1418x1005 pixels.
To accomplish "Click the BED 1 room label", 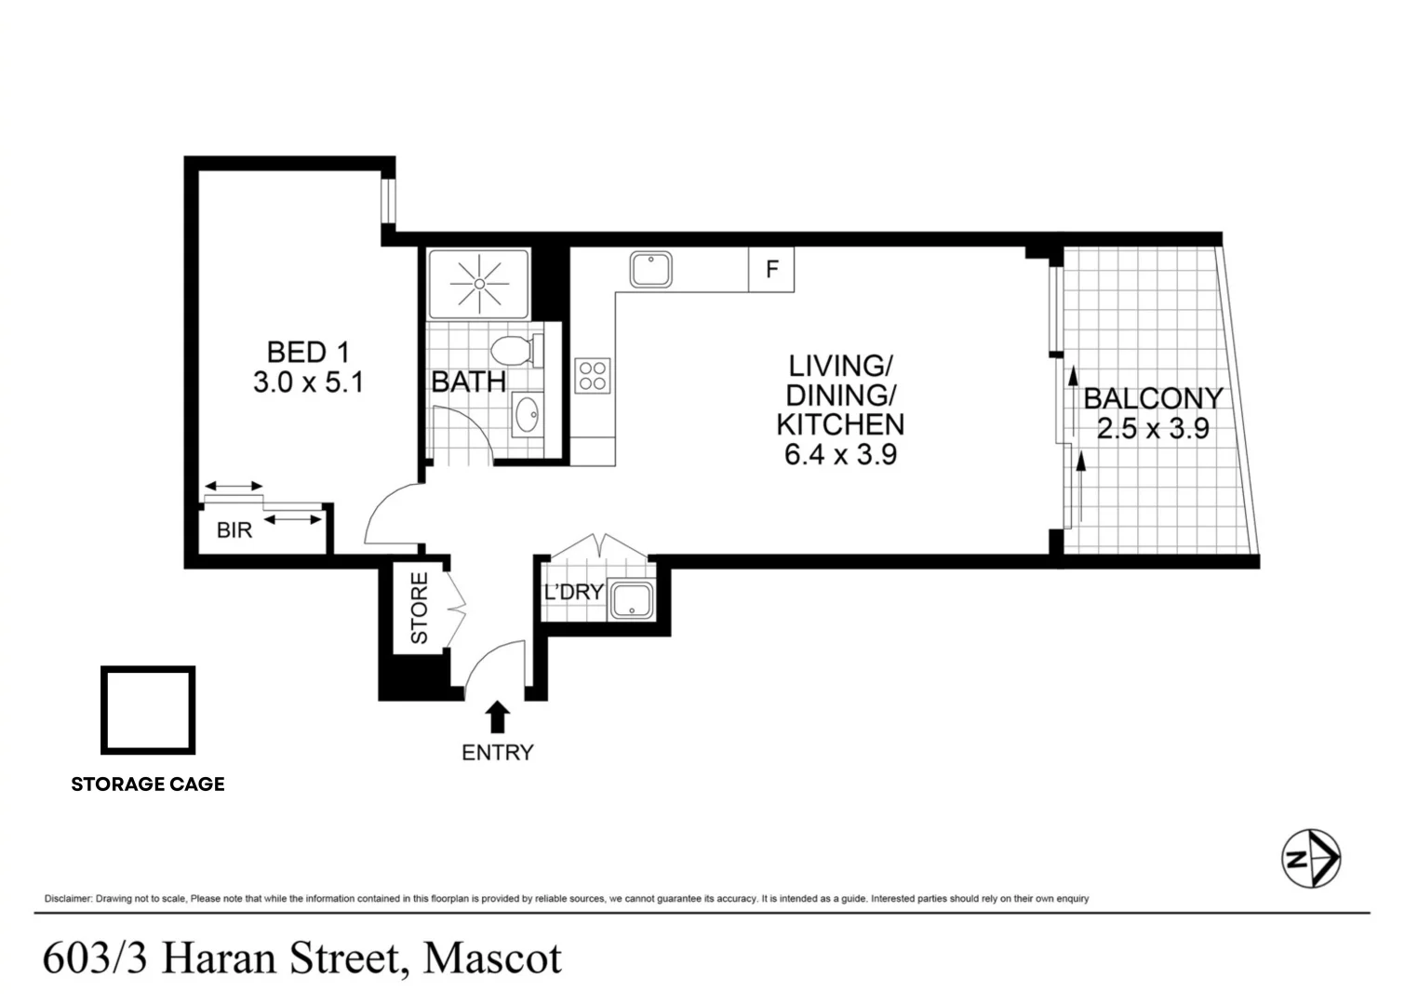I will (x=308, y=353).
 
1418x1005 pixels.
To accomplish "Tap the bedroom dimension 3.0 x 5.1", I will (x=308, y=382).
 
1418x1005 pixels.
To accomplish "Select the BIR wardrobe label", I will (x=234, y=530).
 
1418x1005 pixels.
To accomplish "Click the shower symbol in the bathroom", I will (x=478, y=283).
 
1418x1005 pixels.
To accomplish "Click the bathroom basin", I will (x=528, y=414).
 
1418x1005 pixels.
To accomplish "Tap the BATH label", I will (x=469, y=382).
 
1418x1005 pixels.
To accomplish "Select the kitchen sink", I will (x=651, y=270).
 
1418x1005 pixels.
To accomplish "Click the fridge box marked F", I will (x=771, y=270).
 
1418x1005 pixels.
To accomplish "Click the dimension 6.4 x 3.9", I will (x=840, y=454).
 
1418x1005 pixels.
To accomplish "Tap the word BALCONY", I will (x=1152, y=398).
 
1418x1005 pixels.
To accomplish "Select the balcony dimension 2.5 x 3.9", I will (x=1152, y=429).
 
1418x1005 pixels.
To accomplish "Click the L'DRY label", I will (x=574, y=592).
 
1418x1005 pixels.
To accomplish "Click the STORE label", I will (x=420, y=609).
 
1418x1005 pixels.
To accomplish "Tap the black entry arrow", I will (x=498, y=717).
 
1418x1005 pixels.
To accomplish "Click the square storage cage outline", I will (x=148, y=710).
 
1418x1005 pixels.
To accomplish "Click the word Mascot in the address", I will (x=492, y=958).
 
